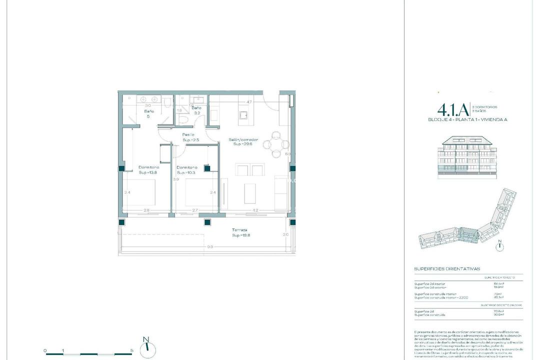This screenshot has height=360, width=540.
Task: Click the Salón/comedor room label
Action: click(243, 140)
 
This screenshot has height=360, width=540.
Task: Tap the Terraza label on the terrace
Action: click(239, 230)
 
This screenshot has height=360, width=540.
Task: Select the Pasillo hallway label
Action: click(188, 135)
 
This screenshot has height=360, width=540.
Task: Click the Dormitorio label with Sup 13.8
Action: click(148, 167)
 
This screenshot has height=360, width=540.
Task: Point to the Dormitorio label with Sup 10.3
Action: click(186, 167)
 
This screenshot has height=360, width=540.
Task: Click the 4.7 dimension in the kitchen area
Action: click(249, 102)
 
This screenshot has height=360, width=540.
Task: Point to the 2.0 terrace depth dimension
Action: click(285, 234)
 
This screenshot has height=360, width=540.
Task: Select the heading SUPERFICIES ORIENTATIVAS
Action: click(447, 268)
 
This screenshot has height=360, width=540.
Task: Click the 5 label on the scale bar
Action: click(131, 350)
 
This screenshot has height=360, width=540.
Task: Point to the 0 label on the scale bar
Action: click(45, 350)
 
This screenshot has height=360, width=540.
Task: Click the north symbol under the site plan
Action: click(499, 245)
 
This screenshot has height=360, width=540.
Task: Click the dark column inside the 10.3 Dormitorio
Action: click(207, 168)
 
